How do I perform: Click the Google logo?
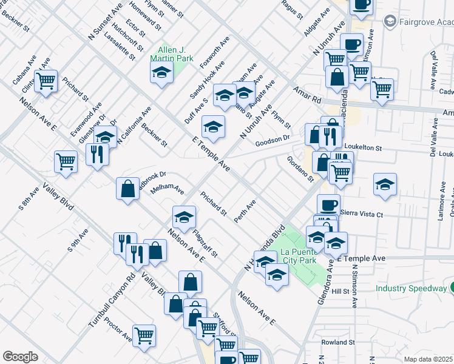tap(20, 357)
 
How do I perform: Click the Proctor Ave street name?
tap(117, 329)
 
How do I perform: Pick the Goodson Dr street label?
tap(273, 140)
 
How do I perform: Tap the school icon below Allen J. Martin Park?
tap(161, 73)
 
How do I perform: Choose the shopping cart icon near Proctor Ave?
tap(144, 335)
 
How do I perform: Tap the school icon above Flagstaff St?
tap(185, 217)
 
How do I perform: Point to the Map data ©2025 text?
tap(427, 359)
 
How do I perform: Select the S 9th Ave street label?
tap(79, 240)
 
